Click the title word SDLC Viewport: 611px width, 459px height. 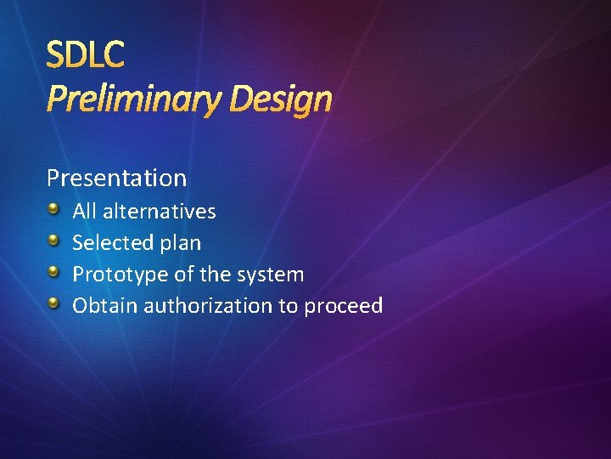(x=85, y=55)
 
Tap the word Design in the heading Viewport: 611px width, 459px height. (x=282, y=100)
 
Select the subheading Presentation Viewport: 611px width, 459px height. (x=116, y=178)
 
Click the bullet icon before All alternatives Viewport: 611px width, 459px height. (x=53, y=209)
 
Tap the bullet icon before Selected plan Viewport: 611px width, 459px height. (x=53, y=241)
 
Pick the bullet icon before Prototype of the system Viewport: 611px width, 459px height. (x=53, y=272)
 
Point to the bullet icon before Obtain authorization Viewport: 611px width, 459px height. (x=53, y=303)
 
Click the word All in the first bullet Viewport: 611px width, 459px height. (x=84, y=211)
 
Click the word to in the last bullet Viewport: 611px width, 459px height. (x=288, y=306)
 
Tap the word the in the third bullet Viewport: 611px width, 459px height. (x=216, y=275)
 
